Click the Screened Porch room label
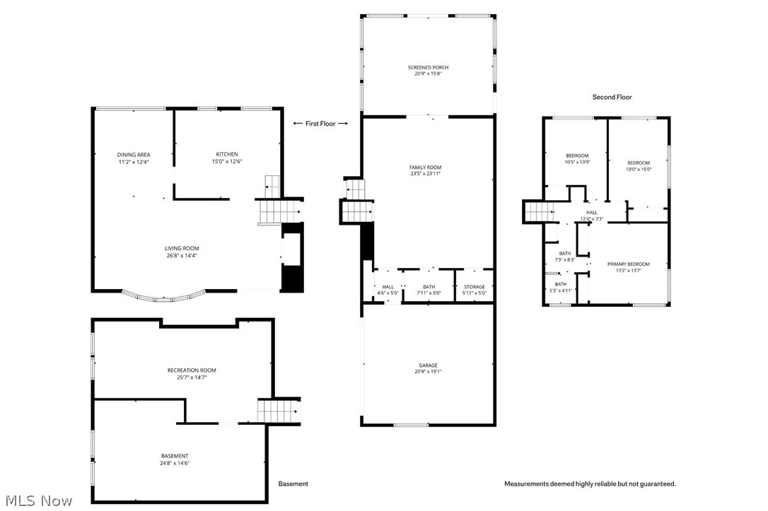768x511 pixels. point(428,68)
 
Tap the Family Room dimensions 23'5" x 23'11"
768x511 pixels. point(426,174)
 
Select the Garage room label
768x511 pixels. point(428,366)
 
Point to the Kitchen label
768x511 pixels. point(227,155)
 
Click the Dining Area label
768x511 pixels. point(134,155)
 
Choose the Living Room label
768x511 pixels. point(182,249)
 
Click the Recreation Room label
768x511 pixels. point(192,370)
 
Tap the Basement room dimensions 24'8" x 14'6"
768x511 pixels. point(174,463)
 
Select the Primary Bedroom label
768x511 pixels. point(628,264)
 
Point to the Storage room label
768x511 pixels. point(475,287)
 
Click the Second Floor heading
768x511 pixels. point(612,98)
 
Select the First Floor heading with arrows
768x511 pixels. point(320,124)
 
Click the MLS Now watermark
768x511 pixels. point(37,500)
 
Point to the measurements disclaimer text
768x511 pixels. point(590,484)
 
